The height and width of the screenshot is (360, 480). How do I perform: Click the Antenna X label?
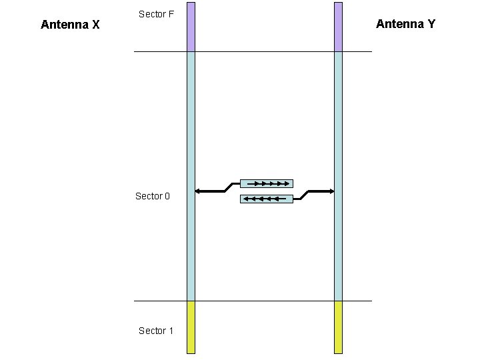(70, 25)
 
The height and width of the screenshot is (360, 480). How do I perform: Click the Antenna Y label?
(405, 24)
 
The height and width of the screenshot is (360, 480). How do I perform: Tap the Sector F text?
(156, 14)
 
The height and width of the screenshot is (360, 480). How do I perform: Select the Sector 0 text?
(153, 196)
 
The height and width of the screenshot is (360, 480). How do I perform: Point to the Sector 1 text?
(156, 331)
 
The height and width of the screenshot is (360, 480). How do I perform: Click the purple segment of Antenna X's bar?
(191, 27)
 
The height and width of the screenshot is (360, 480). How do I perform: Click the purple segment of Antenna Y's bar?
(338, 27)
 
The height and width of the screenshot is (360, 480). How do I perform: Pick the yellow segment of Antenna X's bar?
(191, 327)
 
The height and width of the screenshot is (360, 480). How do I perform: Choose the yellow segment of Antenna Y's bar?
(338, 327)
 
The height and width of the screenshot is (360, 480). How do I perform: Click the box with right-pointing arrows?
(266, 183)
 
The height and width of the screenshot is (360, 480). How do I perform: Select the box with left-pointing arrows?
(266, 199)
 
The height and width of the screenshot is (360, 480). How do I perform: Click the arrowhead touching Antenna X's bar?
(197, 192)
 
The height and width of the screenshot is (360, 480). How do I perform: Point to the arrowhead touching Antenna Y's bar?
(331, 191)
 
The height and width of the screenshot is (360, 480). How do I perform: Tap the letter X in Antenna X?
(95, 25)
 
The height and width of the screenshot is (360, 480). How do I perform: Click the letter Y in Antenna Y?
(431, 24)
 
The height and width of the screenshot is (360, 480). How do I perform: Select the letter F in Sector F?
(171, 14)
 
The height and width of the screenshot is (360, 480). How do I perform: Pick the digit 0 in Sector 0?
(167, 196)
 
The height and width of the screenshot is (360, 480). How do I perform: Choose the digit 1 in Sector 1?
(171, 331)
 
